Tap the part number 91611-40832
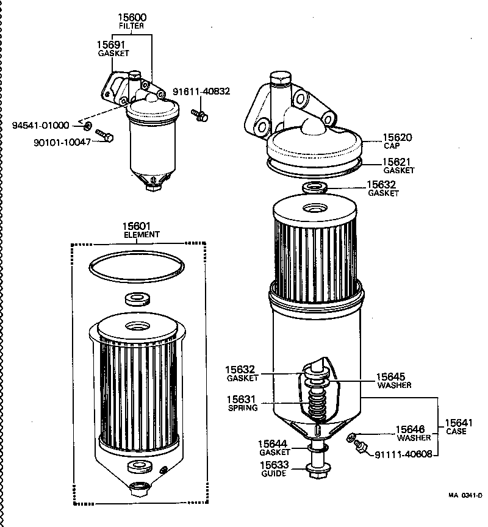pos(201,91)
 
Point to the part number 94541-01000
pos(40,126)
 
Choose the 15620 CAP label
pos(397,141)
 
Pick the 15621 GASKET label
pos(398,166)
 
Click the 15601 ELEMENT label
pos(142,230)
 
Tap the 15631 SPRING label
pos(242,403)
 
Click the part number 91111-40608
pos(403,454)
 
